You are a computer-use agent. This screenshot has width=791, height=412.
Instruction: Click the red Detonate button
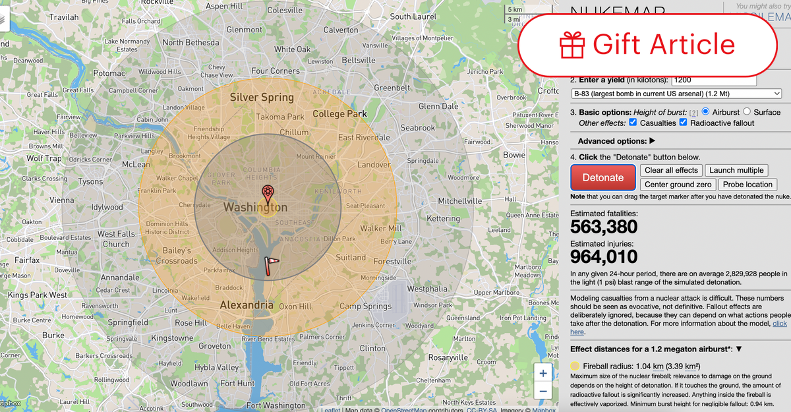[602, 177]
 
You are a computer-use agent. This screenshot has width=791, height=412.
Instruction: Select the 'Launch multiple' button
[736, 170]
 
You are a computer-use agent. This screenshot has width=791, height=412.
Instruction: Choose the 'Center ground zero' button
[678, 185]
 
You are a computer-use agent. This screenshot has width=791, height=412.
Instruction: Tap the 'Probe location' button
[747, 185]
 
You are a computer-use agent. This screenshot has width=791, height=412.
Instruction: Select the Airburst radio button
[706, 112]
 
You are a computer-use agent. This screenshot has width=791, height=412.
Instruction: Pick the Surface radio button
[747, 112]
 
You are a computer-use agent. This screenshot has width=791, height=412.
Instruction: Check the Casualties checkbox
[633, 123]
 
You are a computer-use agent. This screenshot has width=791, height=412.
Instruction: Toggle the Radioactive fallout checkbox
[683, 123]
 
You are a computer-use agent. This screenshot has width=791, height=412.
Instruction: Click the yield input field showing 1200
[713, 80]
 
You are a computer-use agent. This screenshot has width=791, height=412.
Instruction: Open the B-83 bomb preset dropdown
[676, 94]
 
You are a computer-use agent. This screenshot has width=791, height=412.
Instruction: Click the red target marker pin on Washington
[268, 194]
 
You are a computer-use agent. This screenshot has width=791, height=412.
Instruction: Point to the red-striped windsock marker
[270, 263]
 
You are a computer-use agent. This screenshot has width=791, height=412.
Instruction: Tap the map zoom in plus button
[542, 374]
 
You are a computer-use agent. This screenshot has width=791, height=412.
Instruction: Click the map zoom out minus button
[542, 392]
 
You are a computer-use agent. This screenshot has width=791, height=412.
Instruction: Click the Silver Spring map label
[262, 98]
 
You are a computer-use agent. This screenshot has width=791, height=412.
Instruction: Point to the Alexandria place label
[247, 305]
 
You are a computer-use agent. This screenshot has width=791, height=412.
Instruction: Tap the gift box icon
[572, 44]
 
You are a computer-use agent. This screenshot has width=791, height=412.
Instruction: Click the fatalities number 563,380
[604, 227]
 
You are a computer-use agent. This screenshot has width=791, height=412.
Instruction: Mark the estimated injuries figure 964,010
[604, 256]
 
